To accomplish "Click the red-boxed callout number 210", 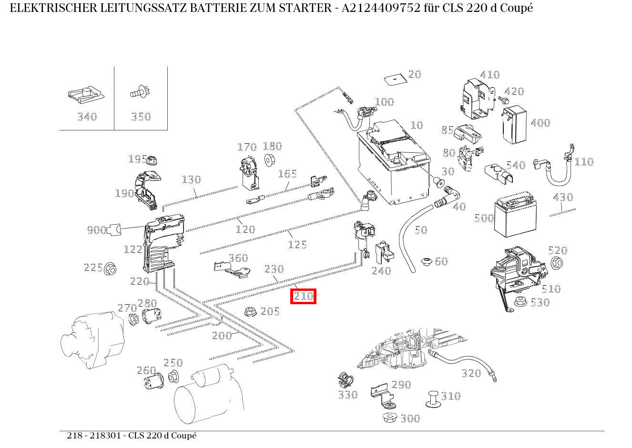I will click(x=304, y=297).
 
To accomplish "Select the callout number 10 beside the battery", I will click(x=417, y=125).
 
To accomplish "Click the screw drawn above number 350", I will click(x=140, y=92).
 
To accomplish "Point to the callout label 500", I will click(x=484, y=219).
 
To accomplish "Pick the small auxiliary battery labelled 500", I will click(x=514, y=218).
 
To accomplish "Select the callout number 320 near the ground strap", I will click(x=471, y=373).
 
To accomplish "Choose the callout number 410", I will click(x=489, y=75).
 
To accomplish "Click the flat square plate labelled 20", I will click(x=394, y=79).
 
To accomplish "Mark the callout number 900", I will click(x=96, y=230).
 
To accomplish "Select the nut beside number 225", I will click(x=111, y=269).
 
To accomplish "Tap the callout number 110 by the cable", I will click(x=583, y=162).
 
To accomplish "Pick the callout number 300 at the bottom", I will click(x=410, y=418).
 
